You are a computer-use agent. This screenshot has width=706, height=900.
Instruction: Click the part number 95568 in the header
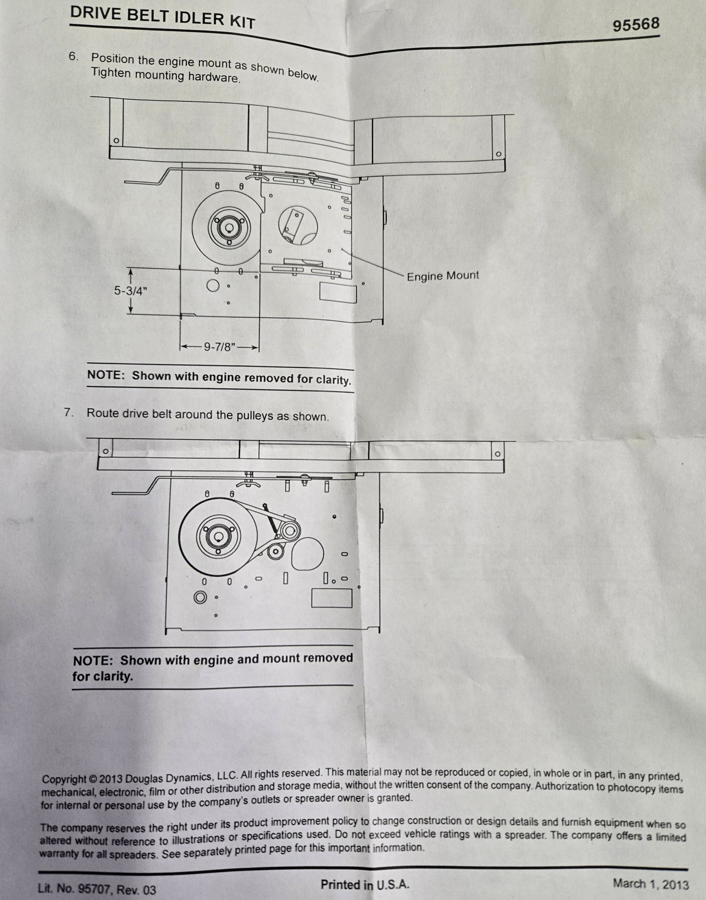[x=636, y=24]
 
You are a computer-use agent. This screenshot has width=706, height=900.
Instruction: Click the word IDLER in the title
[x=201, y=17]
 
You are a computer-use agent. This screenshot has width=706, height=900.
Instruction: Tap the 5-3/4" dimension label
[x=130, y=291]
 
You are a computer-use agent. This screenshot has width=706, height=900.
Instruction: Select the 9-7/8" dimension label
[x=219, y=347]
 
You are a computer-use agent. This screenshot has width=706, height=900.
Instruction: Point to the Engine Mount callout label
[x=443, y=276]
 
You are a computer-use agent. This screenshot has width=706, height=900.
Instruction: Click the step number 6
[x=73, y=57]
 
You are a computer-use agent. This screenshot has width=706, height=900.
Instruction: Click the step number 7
[x=68, y=412]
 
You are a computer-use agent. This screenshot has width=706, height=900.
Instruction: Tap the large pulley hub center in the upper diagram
[x=226, y=227]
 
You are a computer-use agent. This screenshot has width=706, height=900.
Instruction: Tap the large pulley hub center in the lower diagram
[x=215, y=536]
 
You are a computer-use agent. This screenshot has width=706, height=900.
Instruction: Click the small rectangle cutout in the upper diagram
[x=338, y=293]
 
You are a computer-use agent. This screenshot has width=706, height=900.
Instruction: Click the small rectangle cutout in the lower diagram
[x=332, y=598]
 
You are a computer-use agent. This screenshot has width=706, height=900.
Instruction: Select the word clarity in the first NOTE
[x=333, y=380]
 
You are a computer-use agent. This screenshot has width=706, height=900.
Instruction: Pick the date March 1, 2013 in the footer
[x=651, y=884]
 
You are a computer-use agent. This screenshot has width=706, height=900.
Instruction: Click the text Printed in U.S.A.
[x=364, y=884]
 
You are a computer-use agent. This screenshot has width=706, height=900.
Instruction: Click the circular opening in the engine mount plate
[x=298, y=225]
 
